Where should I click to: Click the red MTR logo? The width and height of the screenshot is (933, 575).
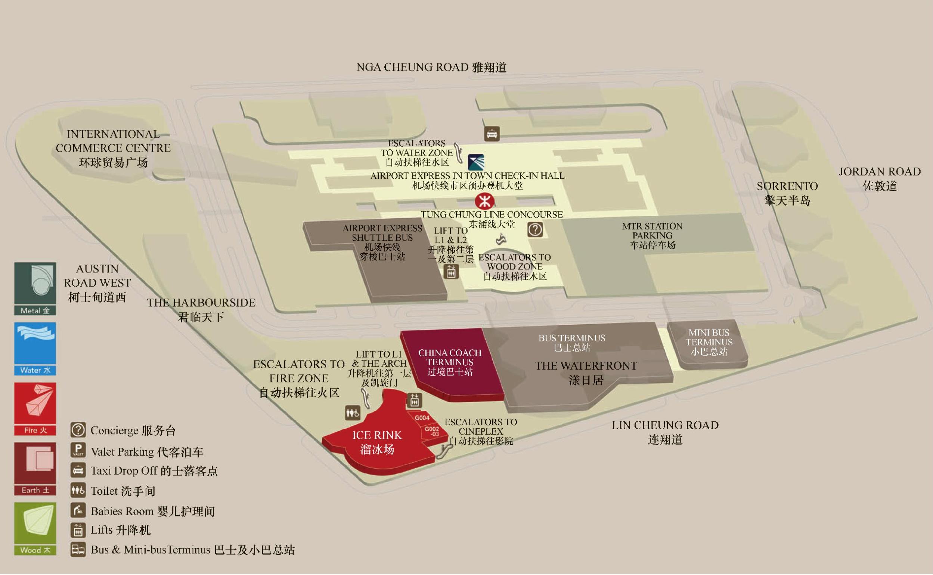484,201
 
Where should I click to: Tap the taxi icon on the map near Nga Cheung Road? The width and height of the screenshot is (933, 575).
492,134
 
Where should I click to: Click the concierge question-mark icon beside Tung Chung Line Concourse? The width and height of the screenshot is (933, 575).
535,229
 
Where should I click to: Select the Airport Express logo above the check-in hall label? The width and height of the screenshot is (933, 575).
476,162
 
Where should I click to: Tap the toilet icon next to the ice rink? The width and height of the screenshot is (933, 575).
353,413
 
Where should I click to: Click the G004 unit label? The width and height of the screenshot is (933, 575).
422,418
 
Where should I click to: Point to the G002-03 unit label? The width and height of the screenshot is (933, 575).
432,431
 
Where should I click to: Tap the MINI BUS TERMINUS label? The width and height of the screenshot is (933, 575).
709,342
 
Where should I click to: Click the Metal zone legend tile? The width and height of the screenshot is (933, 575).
35,289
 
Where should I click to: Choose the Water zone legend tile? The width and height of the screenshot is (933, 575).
35,349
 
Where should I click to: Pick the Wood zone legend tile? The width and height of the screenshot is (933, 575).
35,528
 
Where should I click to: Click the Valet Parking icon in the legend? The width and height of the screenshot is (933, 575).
78,450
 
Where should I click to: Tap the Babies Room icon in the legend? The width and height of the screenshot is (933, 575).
78,510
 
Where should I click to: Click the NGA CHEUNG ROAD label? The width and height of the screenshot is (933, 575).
431,67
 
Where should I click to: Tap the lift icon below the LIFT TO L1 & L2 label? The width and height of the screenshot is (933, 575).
452,272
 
